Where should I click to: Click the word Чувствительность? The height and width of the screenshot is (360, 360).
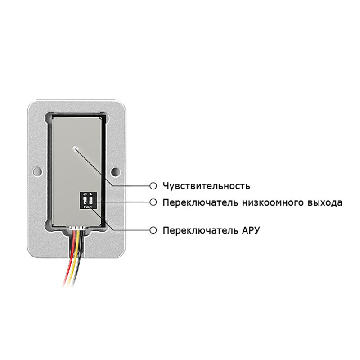(x=206, y=185)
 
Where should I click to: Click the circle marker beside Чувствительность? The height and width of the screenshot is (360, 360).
(x=153, y=185)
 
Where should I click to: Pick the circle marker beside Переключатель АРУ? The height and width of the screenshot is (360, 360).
(x=153, y=230)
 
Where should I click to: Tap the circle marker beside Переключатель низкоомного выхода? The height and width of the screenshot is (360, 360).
(x=153, y=202)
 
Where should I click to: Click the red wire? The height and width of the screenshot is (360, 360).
(x=67, y=270)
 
